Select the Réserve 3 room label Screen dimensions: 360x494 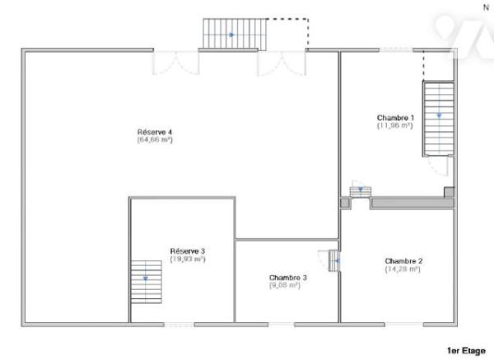(x=188, y=250)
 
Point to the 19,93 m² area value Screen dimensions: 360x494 (x=188, y=259)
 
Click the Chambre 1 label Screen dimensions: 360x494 (x=395, y=118)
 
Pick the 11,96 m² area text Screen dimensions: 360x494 (x=395, y=126)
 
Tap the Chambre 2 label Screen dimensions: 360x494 (x=403, y=260)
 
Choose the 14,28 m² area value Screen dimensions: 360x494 (x=403, y=269)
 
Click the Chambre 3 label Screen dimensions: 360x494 (x=287, y=278)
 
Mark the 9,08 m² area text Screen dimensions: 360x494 (x=285, y=286)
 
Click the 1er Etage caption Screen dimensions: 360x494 (x=466, y=349)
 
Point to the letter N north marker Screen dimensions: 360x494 (x=484, y=6)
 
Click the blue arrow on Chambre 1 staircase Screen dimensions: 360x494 (x=439, y=116)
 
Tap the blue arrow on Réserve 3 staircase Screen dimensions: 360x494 (x=145, y=278)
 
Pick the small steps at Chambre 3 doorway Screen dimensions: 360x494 (x=333, y=261)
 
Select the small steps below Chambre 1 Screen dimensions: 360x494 (x=359, y=192)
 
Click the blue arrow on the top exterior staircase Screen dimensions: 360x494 (x=232, y=35)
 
